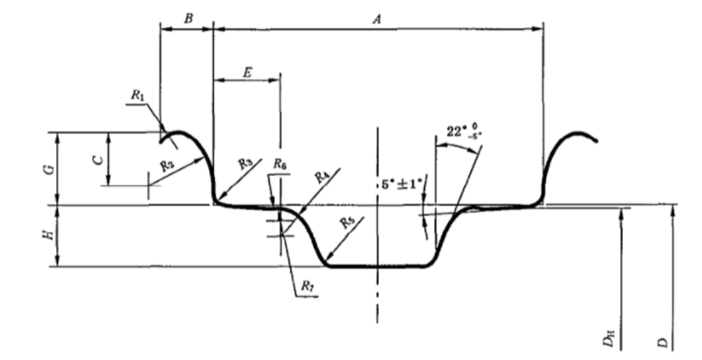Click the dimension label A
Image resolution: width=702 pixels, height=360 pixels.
(x=377, y=19)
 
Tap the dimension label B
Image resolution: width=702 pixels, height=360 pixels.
(x=187, y=18)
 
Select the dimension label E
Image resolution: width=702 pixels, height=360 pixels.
(x=247, y=72)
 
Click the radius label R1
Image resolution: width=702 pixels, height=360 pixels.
(x=136, y=95)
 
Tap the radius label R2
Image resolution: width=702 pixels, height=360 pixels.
(x=167, y=167)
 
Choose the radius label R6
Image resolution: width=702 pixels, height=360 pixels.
(x=279, y=163)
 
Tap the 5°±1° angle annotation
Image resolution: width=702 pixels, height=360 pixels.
(x=402, y=185)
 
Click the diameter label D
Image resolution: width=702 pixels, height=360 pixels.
(x=662, y=342)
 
